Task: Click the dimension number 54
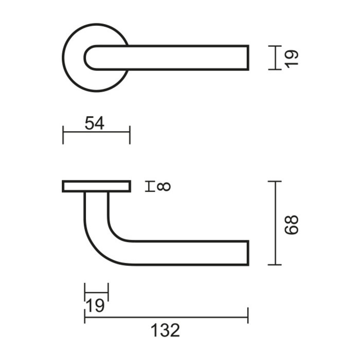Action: pos(95,124)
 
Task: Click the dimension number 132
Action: pos(166,331)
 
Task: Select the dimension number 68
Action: pos(292,224)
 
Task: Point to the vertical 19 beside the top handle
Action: pos(292,57)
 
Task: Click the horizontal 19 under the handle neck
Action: pos(95,306)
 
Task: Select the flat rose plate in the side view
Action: pos(96,186)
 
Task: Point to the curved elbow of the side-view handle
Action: pos(98,247)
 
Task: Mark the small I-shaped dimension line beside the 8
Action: pos(150,186)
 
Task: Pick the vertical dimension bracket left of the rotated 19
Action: pos(276,57)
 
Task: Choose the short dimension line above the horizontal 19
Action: pos(96,292)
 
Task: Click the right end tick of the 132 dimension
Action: pos(248,315)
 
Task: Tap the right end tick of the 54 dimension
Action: pos(130,134)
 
